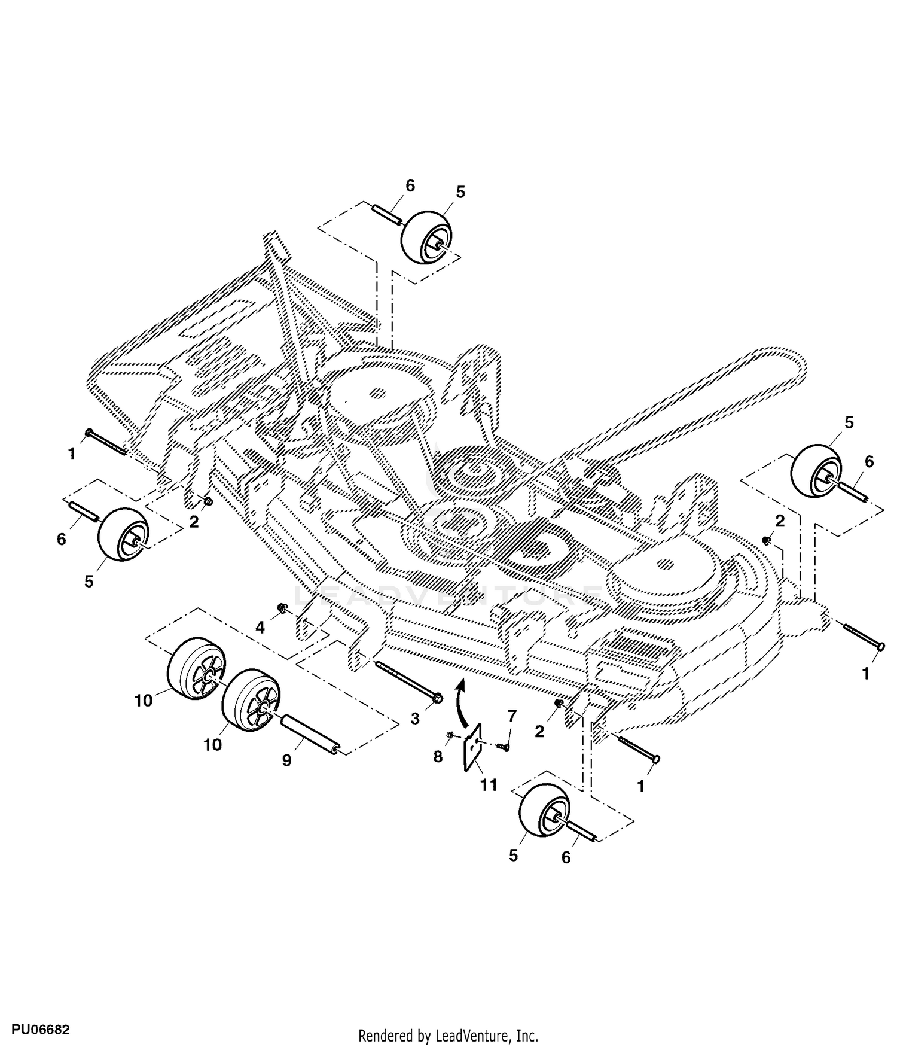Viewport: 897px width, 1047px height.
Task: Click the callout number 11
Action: tap(489, 785)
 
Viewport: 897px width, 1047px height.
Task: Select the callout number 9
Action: tap(286, 760)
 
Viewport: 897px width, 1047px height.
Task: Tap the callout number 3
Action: tap(415, 719)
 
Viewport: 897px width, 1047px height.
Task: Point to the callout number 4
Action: tap(260, 628)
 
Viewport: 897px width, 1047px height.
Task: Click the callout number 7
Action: tap(511, 715)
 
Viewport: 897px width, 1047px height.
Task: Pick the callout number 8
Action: tap(438, 757)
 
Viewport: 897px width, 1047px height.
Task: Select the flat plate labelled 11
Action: tap(474, 748)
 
